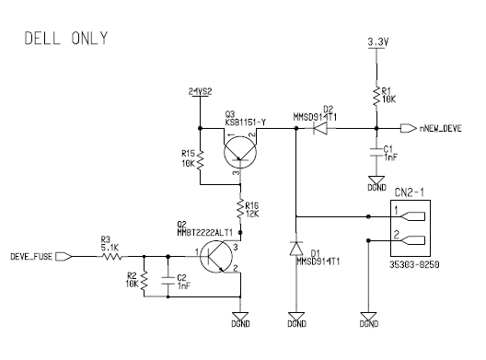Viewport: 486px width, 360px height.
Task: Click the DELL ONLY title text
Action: [x=66, y=38]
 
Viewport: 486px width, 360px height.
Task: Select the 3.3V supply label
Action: [x=377, y=41]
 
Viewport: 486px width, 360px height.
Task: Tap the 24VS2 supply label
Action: [x=201, y=91]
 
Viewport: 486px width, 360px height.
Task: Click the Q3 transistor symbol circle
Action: [x=240, y=152]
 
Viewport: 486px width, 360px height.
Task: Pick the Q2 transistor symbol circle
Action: [x=216, y=257]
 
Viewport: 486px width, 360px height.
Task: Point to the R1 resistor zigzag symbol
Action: [x=376, y=97]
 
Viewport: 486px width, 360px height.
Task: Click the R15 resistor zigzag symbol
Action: [x=201, y=160]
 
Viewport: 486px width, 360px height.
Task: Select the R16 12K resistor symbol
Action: [x=240, y=209]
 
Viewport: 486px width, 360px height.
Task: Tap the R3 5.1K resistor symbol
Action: [x=111, y=257]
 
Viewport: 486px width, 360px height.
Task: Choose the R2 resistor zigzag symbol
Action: [x=144, y=281]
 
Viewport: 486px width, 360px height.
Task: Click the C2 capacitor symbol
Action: [x=168, y=281]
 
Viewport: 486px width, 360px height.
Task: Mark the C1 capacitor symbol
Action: [x=376, y=152]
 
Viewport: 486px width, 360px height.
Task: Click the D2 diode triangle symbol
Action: [x=320, y=128]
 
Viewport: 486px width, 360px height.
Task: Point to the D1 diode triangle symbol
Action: [x=296, y=249]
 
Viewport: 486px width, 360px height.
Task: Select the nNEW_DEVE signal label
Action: [x=440, y=128]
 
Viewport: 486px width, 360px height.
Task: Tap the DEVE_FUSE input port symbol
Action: [x=64, y=257]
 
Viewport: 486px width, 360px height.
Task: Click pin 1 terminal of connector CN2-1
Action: [x=413, y=216]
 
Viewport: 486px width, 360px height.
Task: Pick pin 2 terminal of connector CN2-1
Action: [x=413, y=240]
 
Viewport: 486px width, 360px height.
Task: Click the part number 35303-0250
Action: [x=414, y=264]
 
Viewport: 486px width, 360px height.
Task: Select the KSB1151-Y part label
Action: [x=246, y=122]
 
